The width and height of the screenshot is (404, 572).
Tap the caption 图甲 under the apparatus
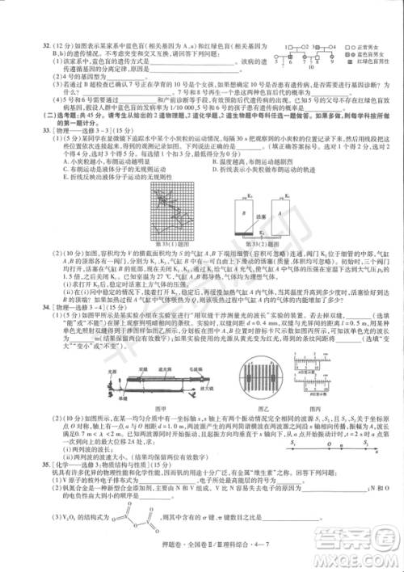point(160,388)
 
